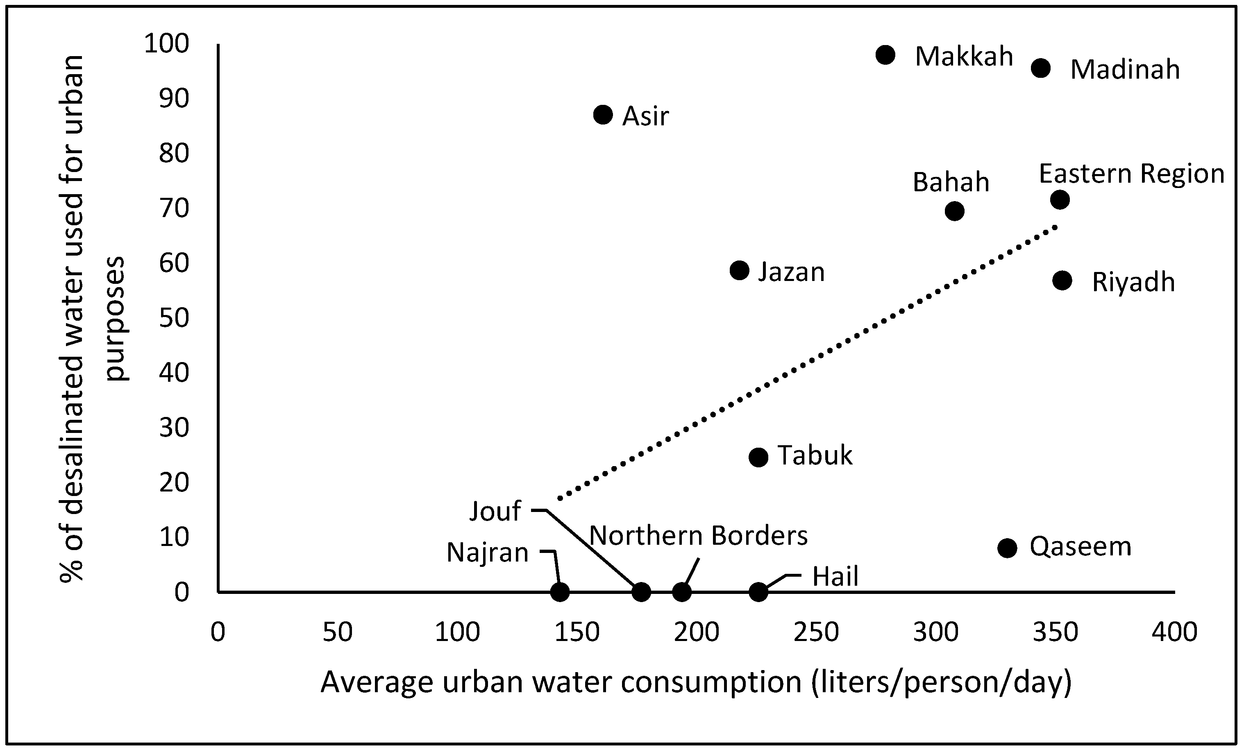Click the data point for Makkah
click(885, 54)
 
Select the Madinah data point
click(1040, 68)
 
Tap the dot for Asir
click(603, 115)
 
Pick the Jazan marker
click(739, 270)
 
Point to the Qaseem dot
click(1007, 548)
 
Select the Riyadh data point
click(1062, 281)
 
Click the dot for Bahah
click(954, 211)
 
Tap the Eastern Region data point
click(1060, 200)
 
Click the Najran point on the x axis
click(559, 591)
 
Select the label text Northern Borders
click(698, 535)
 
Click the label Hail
click(835, 576)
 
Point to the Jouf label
click(495, 511)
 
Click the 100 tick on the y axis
click(167, 44)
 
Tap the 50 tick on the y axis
click(174, 318)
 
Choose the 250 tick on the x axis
click(816, 632)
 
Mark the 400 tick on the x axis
click(1174, 632)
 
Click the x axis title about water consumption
click(696, 682)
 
